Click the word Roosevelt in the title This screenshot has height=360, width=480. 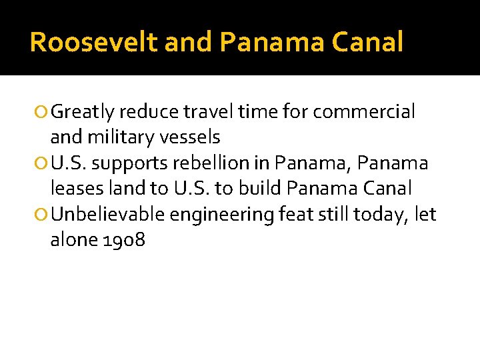(94, 43)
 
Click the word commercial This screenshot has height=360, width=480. (364, 111)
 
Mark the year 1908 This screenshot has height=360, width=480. (125, 239)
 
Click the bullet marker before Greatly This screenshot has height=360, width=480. (43, 113)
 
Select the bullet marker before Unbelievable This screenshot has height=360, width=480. (43, 215)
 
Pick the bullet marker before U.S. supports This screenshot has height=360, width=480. (43, 164)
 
